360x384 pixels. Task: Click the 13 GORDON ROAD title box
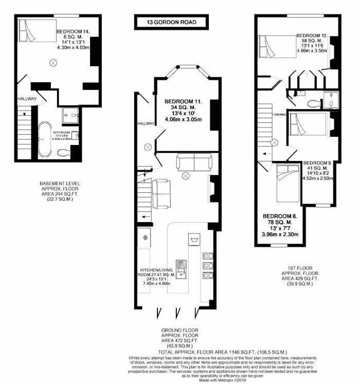[x=172, y=22]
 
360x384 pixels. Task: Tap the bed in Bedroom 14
[x=35, y=31]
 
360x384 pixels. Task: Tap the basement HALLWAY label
[x=25, y=99]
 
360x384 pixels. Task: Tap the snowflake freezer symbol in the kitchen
[x=145, y=237]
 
